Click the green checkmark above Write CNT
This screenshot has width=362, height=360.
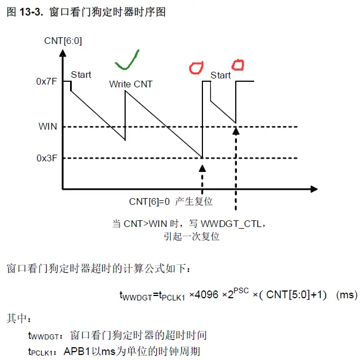click(128, 61)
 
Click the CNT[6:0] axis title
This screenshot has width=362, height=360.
click(63, 40)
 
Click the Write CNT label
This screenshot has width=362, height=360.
click(131, 85)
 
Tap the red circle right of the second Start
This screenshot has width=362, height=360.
click(237, 65)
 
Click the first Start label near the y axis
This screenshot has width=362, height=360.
click(81, 75)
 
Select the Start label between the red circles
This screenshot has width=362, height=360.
click(220, 75)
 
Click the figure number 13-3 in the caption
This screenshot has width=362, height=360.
click(32, 12)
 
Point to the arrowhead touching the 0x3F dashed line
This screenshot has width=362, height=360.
click(202, 167)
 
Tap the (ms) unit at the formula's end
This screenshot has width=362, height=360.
click(346, 295)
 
